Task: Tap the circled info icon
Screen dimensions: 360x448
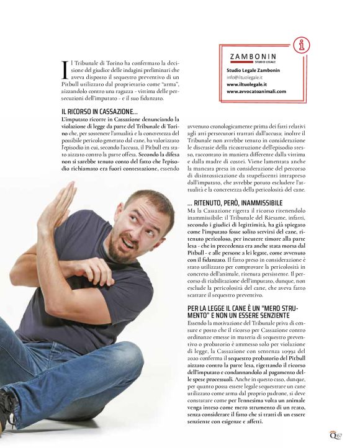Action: [x=302, y=45]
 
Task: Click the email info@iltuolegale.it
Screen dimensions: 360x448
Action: [x=245, y=78]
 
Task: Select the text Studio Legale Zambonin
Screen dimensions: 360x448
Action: [x=249, y=71]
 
